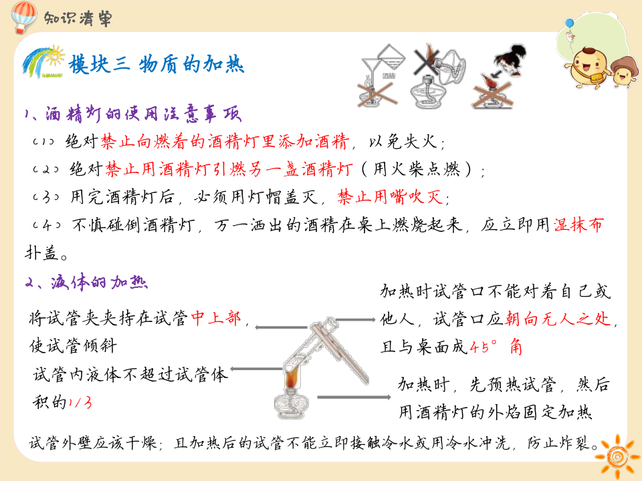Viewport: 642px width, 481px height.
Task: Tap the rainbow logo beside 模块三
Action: click(43, 61)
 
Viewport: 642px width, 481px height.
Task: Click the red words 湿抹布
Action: click(578, 224)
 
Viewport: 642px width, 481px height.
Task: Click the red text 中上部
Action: click(215, 319)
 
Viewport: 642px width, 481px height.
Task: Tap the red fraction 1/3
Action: click(80, 402)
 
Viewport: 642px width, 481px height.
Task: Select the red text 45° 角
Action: click(496, 347)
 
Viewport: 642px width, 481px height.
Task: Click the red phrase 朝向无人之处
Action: click(558, 319)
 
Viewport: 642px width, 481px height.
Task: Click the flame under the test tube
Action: click(293, 378)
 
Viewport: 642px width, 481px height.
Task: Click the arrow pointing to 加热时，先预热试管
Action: click(354, 397)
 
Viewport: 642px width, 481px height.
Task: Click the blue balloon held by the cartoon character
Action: click(570, 25)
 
